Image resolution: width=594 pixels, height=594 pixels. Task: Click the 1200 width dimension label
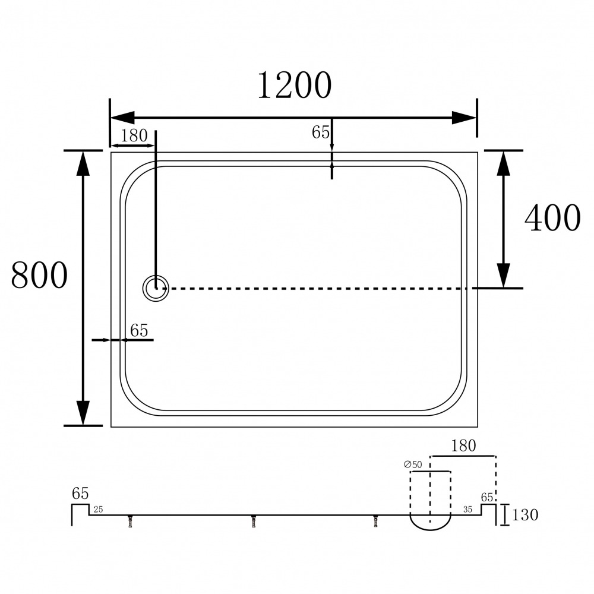[x=295, y=86]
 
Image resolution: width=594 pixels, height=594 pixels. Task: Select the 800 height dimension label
[x=39, y=275]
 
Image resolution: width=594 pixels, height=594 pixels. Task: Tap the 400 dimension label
[x=552, y=218]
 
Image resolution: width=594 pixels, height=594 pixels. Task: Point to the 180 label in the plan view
[x=134, y=135]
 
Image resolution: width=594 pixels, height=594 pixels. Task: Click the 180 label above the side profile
[x=463, y=446]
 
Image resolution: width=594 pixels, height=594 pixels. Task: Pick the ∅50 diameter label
[x=413, y=465]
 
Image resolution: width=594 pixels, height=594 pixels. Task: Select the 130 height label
[x=525, y=515]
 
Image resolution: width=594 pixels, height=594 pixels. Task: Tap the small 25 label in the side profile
[x=98, y=510]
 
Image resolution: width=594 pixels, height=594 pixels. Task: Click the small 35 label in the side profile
[x=468, y=510]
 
